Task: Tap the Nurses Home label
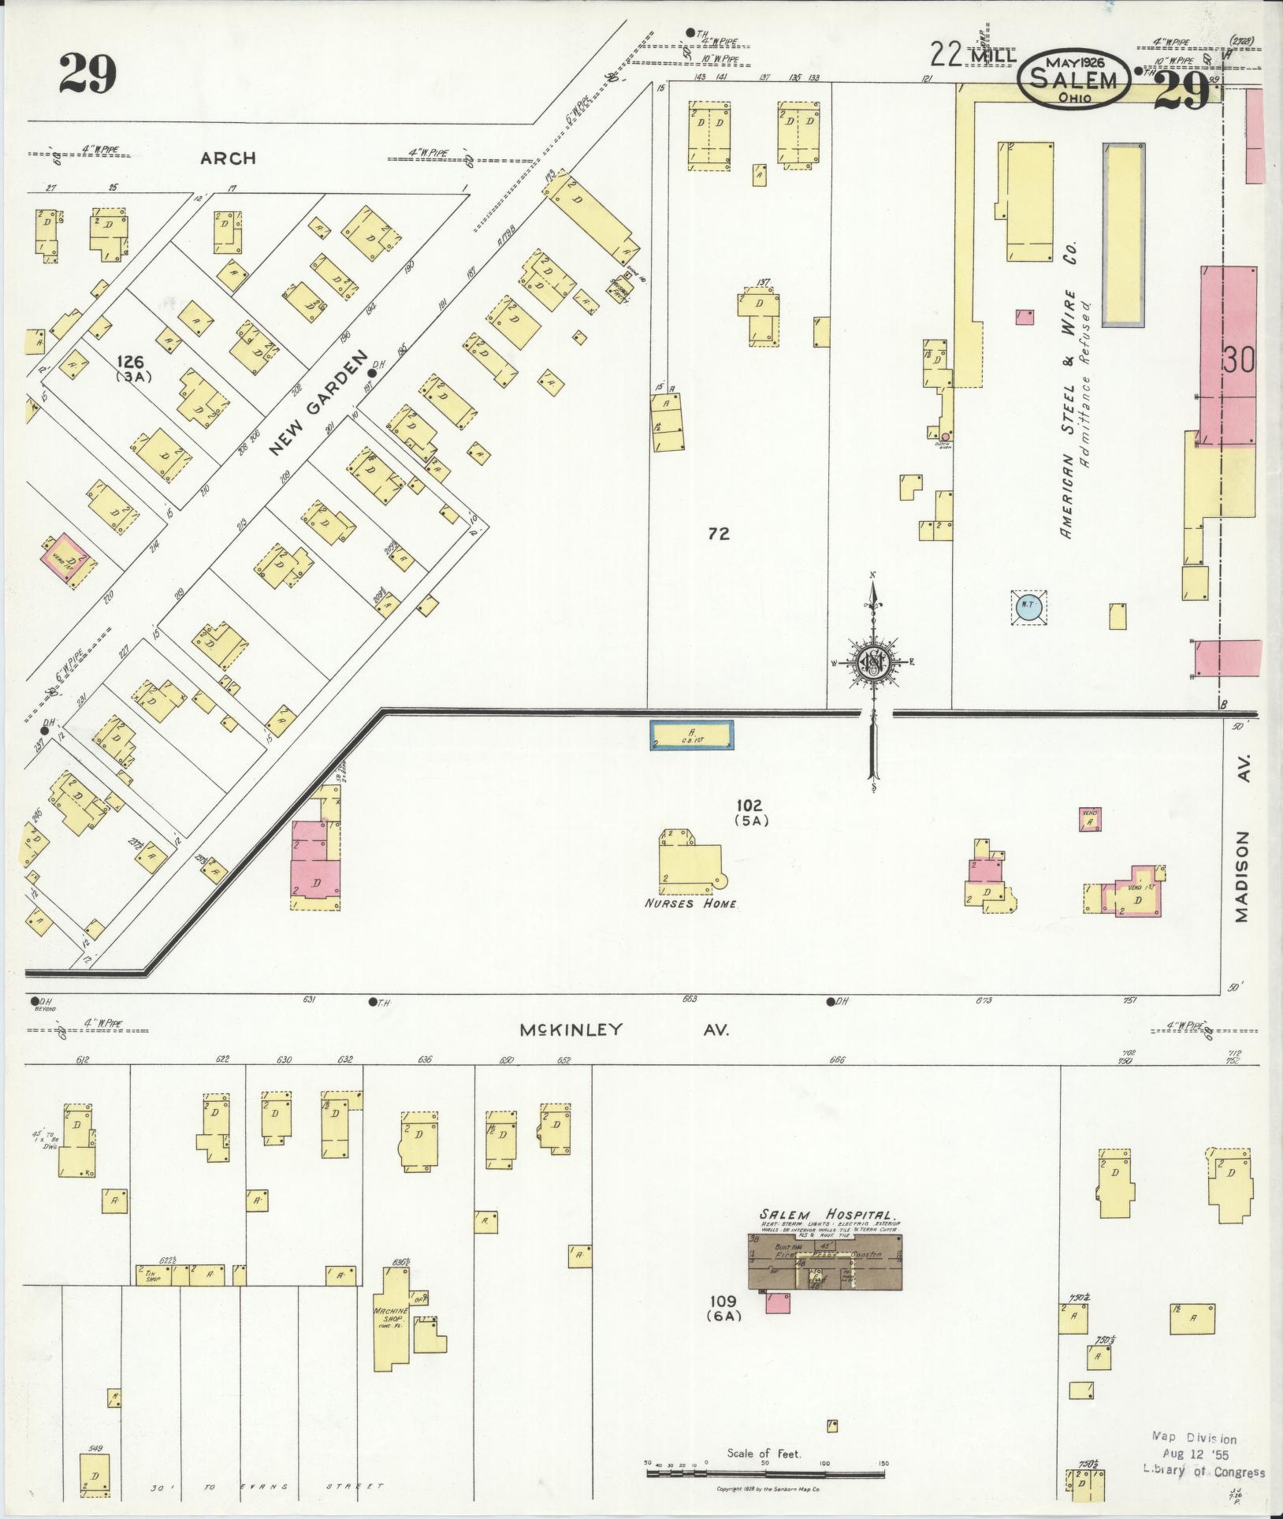point(690,904)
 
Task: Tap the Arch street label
point(228,158)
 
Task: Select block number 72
point(718,534)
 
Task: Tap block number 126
point(130,362)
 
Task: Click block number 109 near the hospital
point(722,1301)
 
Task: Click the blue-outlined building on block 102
point(691,735)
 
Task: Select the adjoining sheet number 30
point(1239,360)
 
